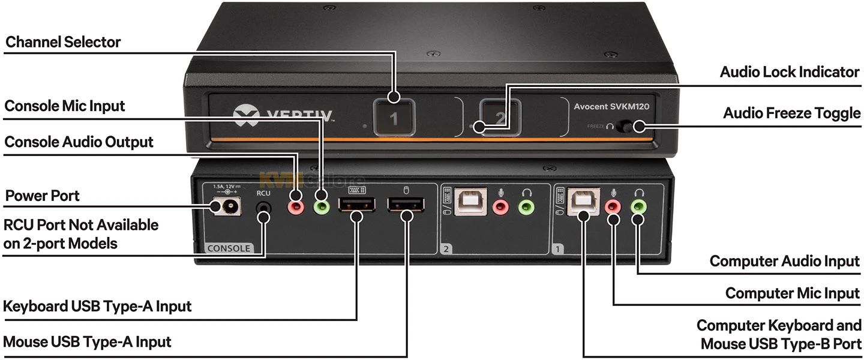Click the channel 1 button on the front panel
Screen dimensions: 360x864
393,118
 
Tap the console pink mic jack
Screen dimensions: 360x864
296,207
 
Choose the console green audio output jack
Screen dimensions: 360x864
322,207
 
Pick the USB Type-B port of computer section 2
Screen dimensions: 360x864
466,203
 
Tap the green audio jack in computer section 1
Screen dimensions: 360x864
639,206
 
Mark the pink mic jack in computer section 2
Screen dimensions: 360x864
500,207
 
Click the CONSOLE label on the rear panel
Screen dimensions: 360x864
229,248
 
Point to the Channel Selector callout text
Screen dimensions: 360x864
63,42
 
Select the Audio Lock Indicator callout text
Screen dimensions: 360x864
790,72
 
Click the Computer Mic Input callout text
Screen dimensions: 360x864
792,293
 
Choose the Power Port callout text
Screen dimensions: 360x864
42,196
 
